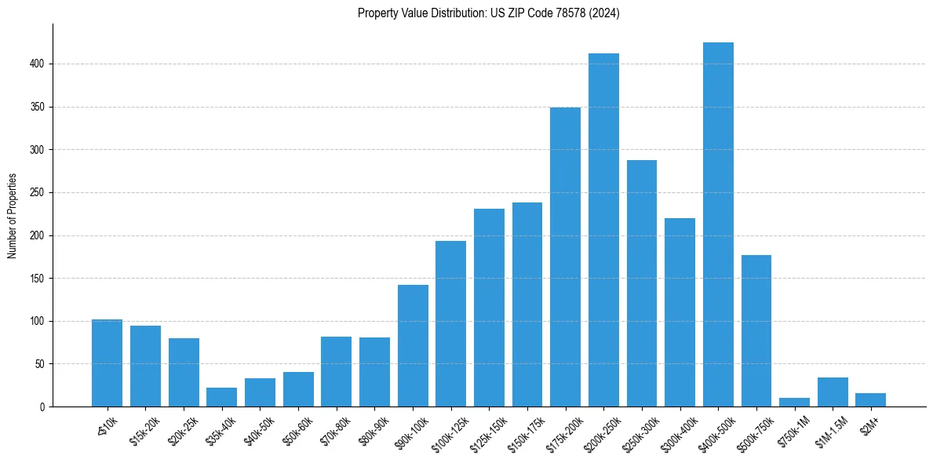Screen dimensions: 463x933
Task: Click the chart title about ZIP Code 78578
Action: [x=488, y=13]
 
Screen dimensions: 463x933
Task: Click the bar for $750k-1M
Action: [x=794, y=402]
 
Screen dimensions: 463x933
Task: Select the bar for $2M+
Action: [x=870, y=399]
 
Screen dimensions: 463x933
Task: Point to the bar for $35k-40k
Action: [x=221, y=397]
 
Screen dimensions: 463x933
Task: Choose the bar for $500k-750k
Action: [x=756, y=330]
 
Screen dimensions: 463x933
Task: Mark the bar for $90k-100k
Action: [x=413, y=345]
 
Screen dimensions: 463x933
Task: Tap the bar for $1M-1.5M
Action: [x=833, y=392]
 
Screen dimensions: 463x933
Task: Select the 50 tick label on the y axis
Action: [x=39, y=364]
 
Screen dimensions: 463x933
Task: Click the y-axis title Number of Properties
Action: [x=13, y=216]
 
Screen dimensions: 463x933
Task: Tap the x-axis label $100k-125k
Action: [x=449, y=428]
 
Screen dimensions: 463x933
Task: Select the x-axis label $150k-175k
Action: [x=525, y=428]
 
